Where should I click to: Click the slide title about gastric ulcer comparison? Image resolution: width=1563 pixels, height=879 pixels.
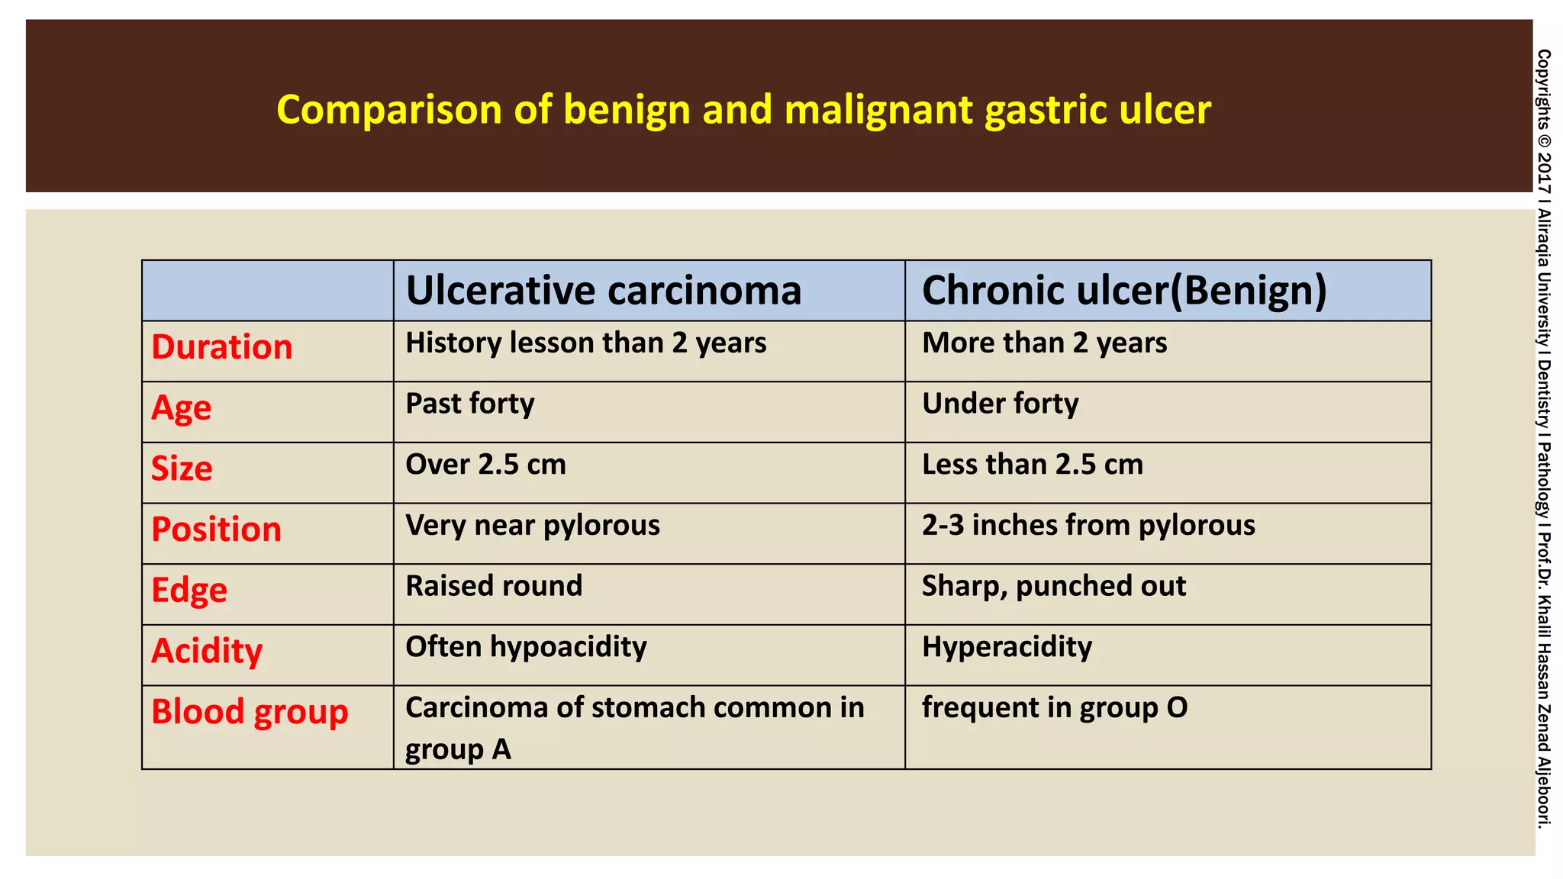click(x=743, y=109)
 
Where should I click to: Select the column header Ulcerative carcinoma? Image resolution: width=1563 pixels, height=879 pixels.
click(x=603, y=291)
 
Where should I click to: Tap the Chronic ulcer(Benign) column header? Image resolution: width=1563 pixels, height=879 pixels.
click(x=1123, y=291)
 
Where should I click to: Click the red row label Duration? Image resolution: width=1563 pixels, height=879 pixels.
click(x=221, y=347)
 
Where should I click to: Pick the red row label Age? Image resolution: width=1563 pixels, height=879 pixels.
click(x=181, y=408)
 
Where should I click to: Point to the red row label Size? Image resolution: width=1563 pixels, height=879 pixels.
click(x=182, y=468)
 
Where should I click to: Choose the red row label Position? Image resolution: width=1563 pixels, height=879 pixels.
click(x=216, y=530)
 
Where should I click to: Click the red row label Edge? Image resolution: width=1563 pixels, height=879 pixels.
click(x=189, y=591)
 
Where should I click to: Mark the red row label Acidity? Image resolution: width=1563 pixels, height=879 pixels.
click(x=207, y=651)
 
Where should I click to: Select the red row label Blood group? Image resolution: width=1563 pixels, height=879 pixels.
click(x=250, y=712)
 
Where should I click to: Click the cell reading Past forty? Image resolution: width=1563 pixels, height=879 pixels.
click(x=469, y=404)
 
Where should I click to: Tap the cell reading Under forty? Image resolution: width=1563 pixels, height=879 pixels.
click(x=1000, y=404)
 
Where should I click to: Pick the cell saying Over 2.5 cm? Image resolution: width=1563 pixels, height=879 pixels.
click(x=485, y=465)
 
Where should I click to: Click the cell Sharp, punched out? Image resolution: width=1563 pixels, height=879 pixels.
click(x=1053, y=586)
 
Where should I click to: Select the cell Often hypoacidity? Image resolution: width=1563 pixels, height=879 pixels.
click(x=526, y=647)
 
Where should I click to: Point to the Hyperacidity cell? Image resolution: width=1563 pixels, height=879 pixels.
click(x=1007, y=647)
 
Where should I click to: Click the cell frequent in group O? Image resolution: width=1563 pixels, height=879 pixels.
click(x=1054, y=707)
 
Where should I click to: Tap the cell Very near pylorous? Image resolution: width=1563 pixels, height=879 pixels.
click(x=532, y=525)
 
